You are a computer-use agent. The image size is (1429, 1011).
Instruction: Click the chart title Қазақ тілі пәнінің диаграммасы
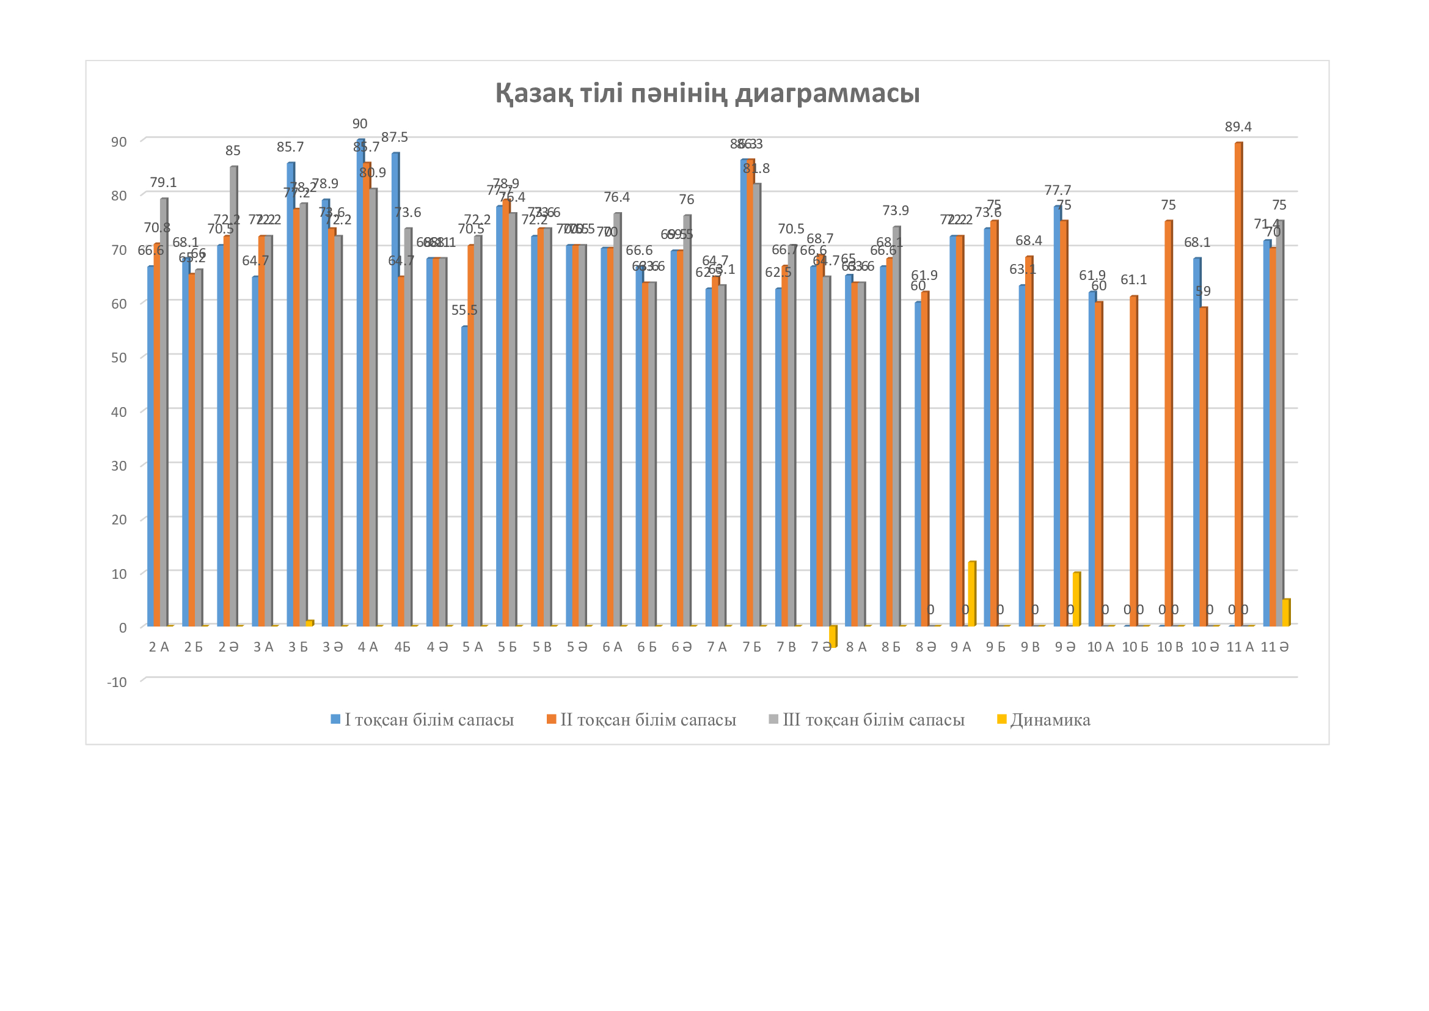coord(707,94)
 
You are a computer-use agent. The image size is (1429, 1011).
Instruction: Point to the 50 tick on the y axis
coord(119,358)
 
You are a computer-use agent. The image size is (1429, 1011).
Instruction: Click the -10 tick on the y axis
coord(117,682)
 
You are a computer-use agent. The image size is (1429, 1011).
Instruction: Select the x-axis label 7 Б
coord(752,647)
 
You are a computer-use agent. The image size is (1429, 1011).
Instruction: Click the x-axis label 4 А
coord(368,647)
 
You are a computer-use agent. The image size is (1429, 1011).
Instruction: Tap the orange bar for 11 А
coord(1238,386)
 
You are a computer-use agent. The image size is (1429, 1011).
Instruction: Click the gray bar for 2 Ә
coord(233,399)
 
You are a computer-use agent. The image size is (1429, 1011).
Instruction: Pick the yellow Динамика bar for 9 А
coord(971,594)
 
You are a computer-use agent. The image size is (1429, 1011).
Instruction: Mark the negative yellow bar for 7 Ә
coord(832,636)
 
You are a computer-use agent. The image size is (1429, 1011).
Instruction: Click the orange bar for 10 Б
coord(1134,461)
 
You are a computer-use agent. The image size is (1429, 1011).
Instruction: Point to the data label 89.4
coord(1238,127)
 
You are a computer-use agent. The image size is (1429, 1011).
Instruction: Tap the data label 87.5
coord(395,138)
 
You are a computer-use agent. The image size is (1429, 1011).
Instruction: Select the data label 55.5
coord(464,311)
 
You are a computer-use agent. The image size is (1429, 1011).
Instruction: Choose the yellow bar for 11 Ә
coord(1286,612)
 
